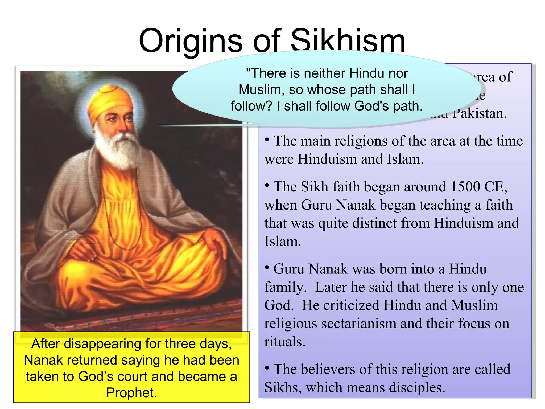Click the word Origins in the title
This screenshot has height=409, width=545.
pos(191,41)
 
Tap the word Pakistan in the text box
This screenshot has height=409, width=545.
pos(479,114)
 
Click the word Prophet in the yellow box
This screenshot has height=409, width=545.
pos(131,393)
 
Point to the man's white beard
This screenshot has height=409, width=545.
pos(117,149)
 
